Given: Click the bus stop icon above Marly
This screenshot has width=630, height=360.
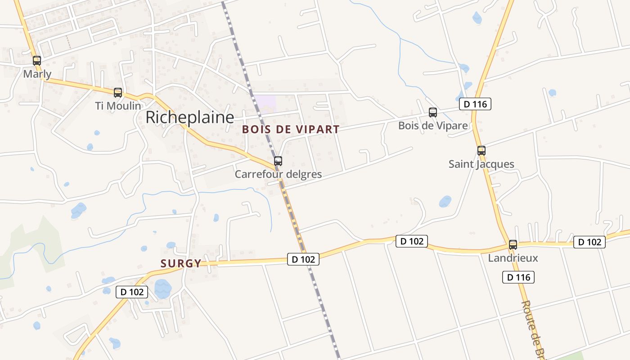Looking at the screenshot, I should coord(37,60).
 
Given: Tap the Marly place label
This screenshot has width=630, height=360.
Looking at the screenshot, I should coord(37,74).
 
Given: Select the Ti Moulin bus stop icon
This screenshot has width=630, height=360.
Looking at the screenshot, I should coord(118,93).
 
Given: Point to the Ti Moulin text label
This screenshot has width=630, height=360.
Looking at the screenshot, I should coord(118,106).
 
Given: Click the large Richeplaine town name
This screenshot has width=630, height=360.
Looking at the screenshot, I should coord(189,117).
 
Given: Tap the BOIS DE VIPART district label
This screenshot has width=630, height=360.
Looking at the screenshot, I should coord(291,130).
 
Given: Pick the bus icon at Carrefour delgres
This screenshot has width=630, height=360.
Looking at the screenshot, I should coord(278,161).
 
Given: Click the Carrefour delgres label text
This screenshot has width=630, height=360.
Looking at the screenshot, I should coord(278,174).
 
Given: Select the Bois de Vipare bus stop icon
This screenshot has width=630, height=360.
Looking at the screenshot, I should coord(433,112).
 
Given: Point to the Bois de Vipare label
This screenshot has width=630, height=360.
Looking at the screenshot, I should coord(433,126).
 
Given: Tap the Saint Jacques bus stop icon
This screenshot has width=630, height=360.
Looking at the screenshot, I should coord(481,151).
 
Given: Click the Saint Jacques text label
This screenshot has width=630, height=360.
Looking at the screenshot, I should coord(481,164).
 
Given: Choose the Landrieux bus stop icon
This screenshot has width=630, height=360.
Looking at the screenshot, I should coord(513,245).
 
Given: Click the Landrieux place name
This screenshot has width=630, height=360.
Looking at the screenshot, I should coord(513,258).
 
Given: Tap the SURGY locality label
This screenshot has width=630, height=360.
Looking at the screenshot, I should coord(181,264).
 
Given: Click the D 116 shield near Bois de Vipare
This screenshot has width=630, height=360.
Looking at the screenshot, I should coord(475,104).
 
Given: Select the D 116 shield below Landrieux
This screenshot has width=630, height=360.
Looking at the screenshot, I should coord(518,277).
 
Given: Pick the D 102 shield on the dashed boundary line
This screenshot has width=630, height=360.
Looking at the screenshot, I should coord(303,259).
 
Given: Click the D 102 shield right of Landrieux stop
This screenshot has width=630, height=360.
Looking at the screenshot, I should coord(589,242).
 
